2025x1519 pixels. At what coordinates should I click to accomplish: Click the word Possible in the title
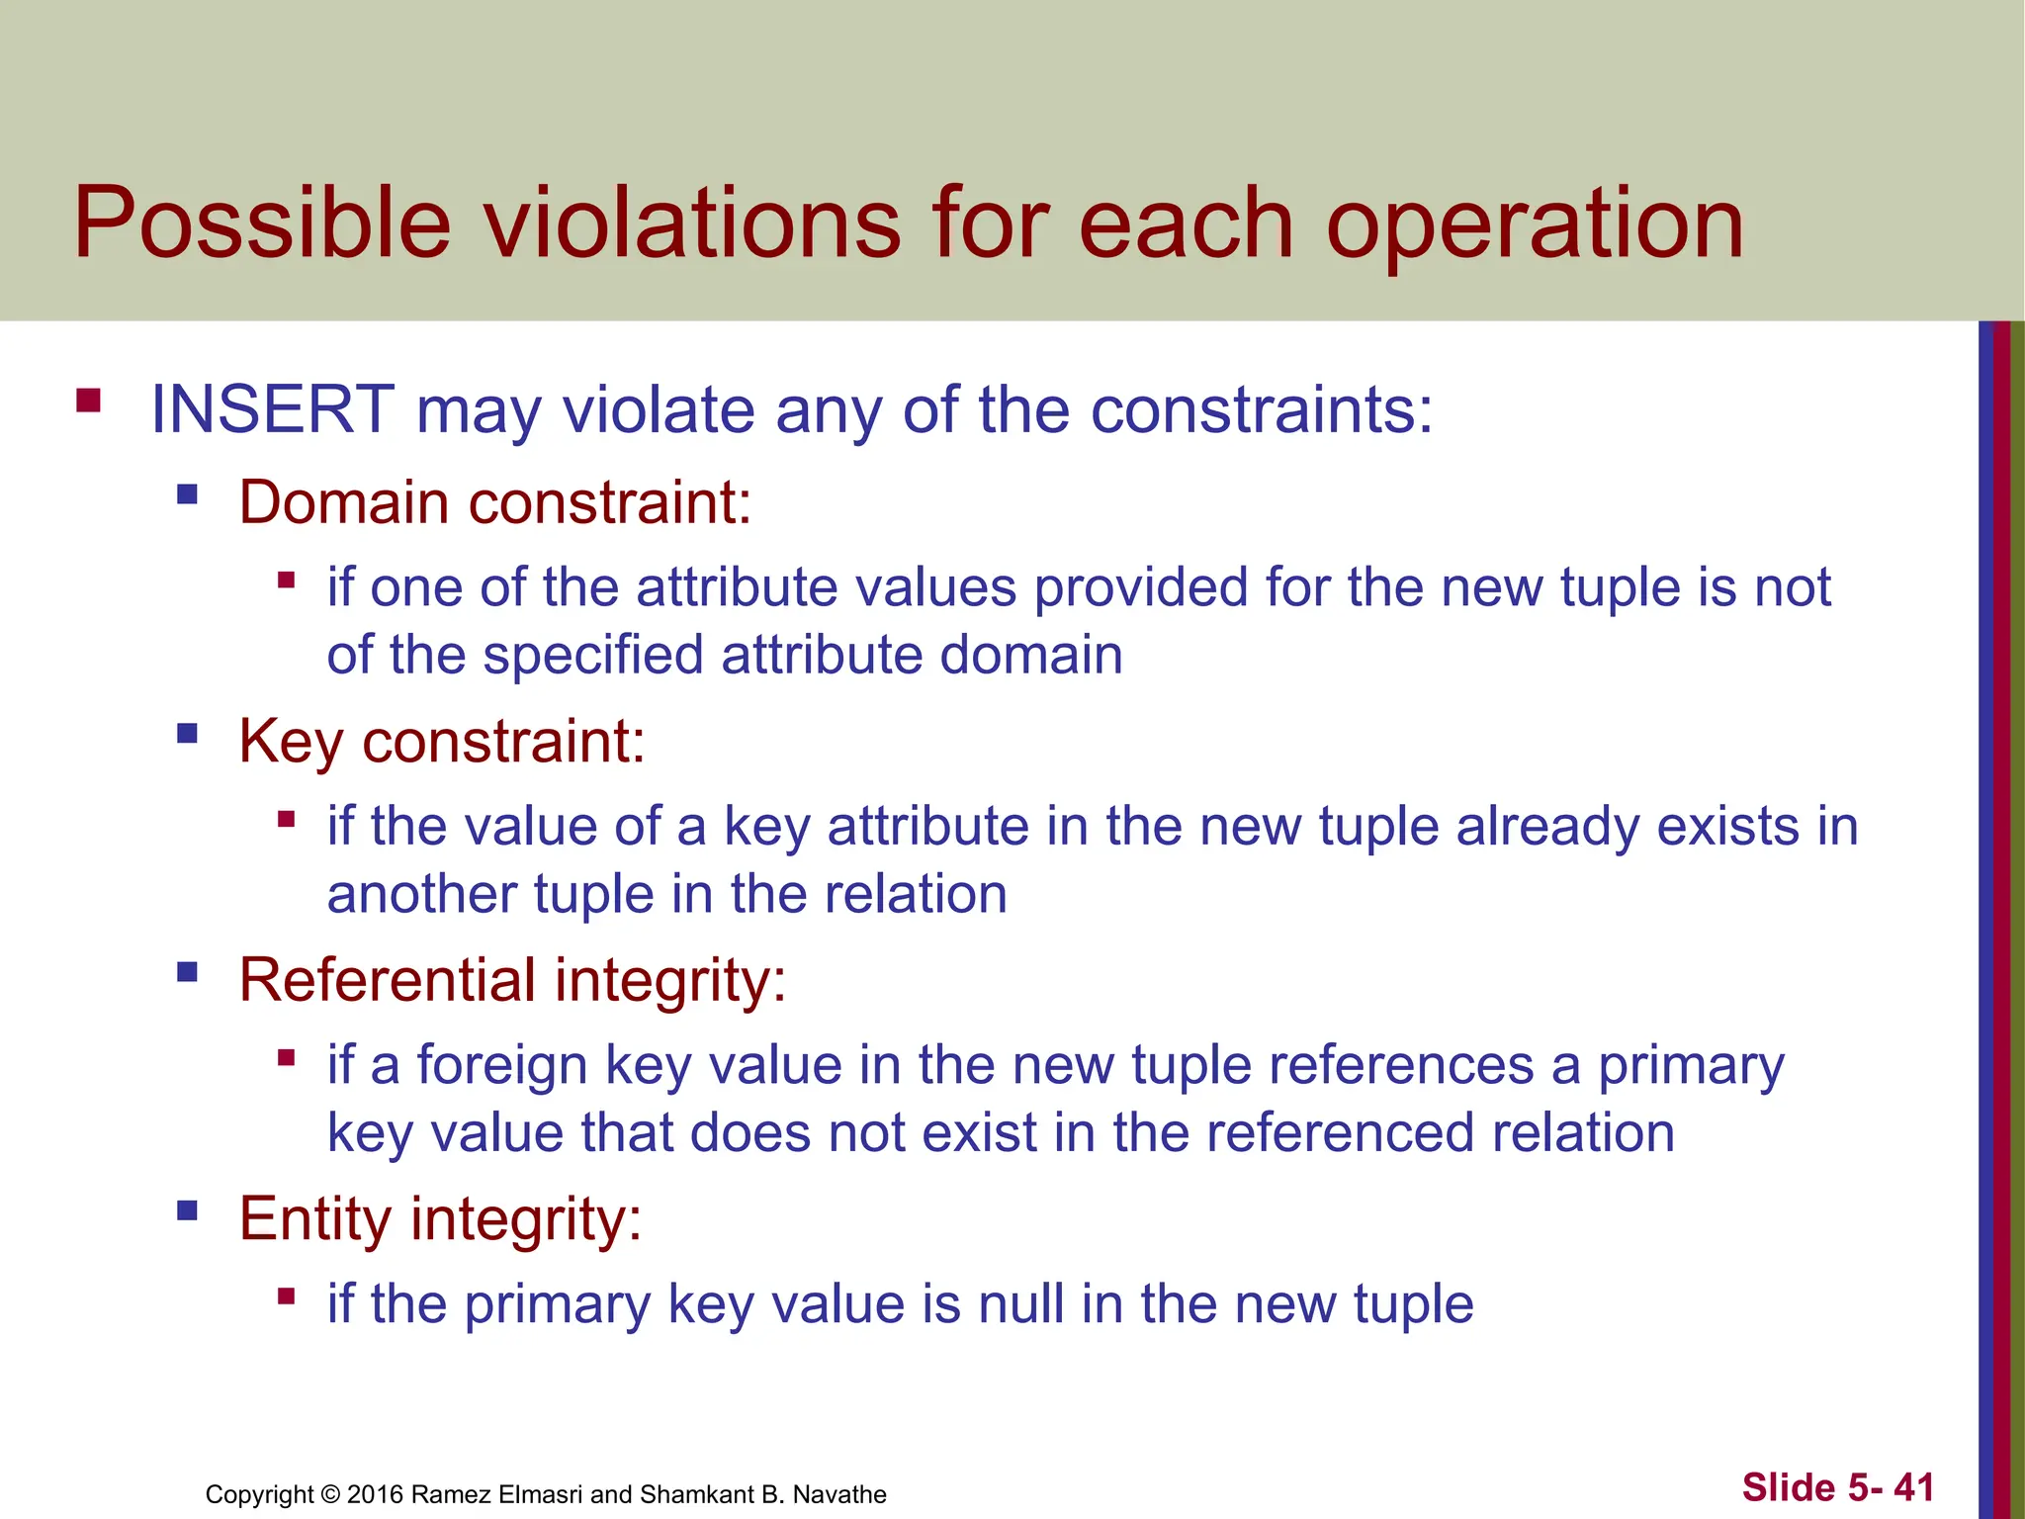click(262, 223)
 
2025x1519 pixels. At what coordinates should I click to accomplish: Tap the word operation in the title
click(1535, 225)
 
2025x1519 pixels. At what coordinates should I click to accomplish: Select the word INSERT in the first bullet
click(272, 409)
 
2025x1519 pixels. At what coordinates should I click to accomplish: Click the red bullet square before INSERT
click(88, 400)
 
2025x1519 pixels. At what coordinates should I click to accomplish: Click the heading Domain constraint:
click(494, 502)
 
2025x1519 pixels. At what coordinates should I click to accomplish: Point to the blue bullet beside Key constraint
click(187, 733)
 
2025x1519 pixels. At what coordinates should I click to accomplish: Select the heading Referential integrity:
click(512, 980)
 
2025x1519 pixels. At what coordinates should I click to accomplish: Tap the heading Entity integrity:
click(440, 1218)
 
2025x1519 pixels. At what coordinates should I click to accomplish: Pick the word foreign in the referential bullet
click(502, 1065)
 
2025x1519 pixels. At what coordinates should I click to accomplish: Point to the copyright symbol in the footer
click(331, 1494)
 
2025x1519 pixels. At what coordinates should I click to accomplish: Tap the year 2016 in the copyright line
click(375, 1494)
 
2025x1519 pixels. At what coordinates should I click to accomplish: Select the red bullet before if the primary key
click(287, 1296)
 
